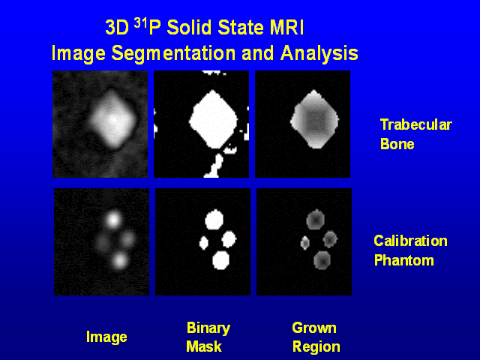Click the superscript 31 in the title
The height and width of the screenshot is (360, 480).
[x=143, y=24]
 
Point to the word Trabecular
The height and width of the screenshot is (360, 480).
[x=415, y=124]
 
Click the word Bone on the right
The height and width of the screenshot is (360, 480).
[x=397, y=144]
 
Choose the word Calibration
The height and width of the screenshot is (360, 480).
[x=410, y=241]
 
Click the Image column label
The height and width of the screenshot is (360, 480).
[x=106, y=337]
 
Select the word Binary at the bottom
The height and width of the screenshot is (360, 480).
[x=208, y=328]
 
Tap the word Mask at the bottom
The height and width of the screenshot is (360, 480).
[x=203, y=346]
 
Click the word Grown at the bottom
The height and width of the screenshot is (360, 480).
[x=313, y=328]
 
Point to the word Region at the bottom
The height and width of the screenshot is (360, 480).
[x=316, y=346]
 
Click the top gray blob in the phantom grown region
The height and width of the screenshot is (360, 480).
[x=315, y=220]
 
